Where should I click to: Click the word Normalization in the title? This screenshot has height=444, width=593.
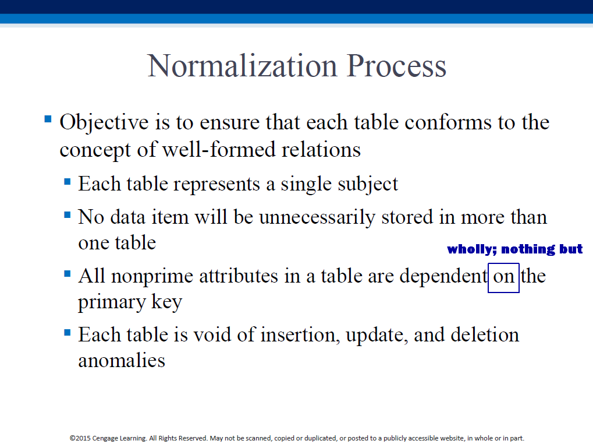[242, 65]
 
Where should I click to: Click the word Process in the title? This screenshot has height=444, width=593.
[396, 65]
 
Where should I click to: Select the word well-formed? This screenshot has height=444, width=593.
[219, 149]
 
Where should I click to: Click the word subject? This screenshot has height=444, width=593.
[368, 185]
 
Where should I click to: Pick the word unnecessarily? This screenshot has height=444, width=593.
[317, 218]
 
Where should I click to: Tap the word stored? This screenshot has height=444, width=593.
[407, 217]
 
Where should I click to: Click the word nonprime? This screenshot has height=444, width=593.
[152, 277]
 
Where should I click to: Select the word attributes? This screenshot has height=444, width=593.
[239, 276]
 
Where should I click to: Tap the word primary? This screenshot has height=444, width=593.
[112, 302]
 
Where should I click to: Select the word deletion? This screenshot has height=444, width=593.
[485, 334]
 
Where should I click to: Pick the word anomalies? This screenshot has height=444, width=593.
[122, 360]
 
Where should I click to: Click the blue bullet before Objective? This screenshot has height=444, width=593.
[48, 119]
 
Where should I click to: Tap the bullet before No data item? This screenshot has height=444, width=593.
[68, 215]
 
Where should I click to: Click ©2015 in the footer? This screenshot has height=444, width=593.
[80, 438]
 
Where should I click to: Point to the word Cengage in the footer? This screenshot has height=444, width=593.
[105, 438]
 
